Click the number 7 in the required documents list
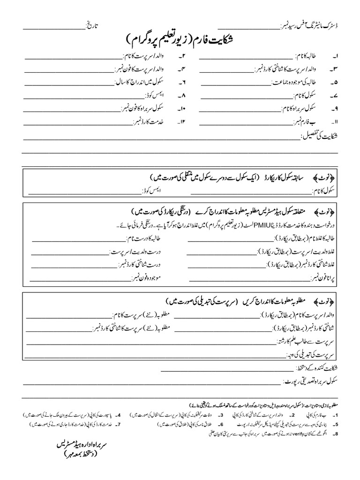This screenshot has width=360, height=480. pyautogui.click(x=120, y=424)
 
